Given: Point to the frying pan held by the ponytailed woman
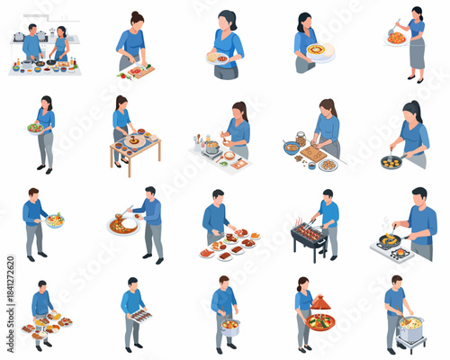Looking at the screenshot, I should tap(391, 162).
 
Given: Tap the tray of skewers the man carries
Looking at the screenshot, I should tap(140, 315).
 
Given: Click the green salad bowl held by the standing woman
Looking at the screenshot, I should tap(35, 128).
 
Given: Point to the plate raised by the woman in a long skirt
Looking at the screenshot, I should tap(395, 38).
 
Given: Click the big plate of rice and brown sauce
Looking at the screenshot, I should tap(122, 225).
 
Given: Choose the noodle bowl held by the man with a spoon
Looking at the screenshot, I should tap(56, 220).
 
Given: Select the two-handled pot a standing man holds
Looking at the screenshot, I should tap(230, 326).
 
